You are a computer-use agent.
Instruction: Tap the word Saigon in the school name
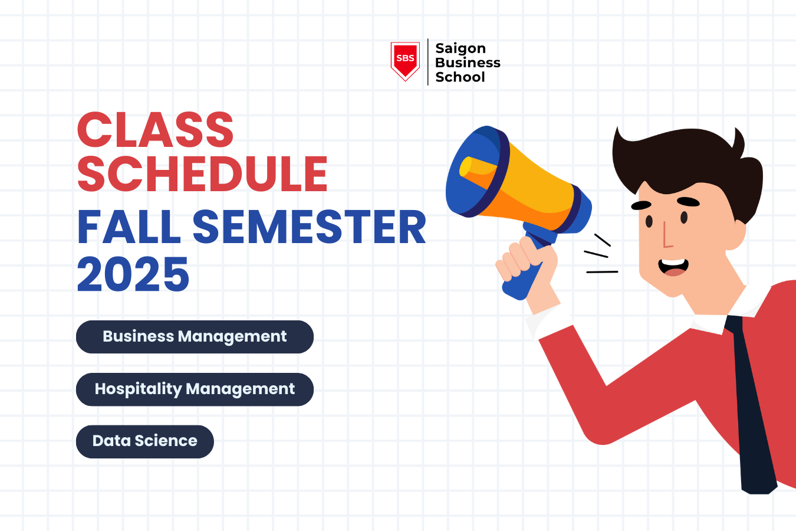pyautogui.click(x=460, y=48)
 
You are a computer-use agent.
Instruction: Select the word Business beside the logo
pyautogui.click(x=467, y=63)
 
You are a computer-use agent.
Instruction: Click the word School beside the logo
pyautogui.click(x=459, y=77)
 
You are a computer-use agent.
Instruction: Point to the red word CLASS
pyautogui.click(x=155, y=130)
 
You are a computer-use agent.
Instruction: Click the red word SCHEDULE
pyautogui.click(x=202, y=174)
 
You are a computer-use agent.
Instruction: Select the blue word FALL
pyautogui.click(x=129, y=227)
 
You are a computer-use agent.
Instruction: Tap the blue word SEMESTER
pyautogui.click(x=309, y=227)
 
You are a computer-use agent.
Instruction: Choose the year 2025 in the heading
pyautogui.click(x=133, y=274)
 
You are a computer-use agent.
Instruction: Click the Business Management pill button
pyautogui.click(x=195, y=337)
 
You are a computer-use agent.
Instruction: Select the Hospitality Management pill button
pyautogui.click(x=195, y=389)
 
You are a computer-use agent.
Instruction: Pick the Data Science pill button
pyautogui.click(x=144, y=441)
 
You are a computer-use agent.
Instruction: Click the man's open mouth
pyautogui.click(x=673, y=267)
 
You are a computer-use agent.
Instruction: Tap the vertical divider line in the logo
pyautogui.click(x=427, y=62)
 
